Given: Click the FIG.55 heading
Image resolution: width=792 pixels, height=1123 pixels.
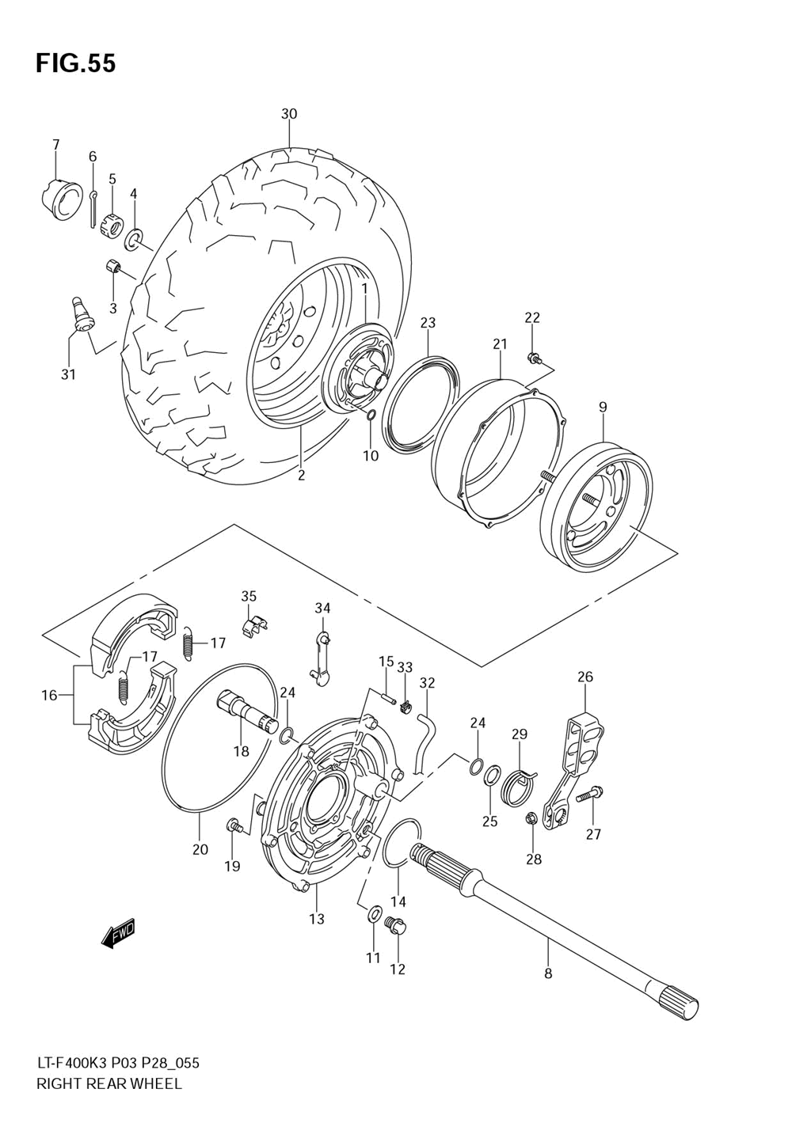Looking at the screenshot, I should click(x=75, y=63).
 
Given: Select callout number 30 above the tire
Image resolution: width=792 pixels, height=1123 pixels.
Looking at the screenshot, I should click(x=289, y=114).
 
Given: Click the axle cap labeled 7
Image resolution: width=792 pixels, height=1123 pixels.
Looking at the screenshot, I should click(x=60, y=199).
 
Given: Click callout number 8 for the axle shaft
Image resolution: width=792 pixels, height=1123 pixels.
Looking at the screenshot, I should click(x=548, y=974).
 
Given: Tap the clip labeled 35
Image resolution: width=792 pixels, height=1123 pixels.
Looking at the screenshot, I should click(x=253, y=625).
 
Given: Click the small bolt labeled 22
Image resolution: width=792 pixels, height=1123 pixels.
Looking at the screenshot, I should click(x=534, y=358).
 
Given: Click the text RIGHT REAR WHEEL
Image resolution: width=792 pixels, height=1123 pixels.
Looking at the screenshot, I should click(x=109, y=1083).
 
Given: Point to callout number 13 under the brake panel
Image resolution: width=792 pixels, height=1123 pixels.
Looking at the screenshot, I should click(x=317, y=919).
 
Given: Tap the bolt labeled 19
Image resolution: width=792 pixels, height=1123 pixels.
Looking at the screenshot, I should click(x=232, y=826).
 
